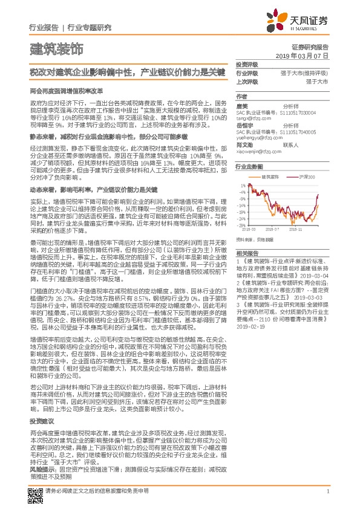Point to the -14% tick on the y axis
coord(241,206)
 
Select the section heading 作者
coord(241,97)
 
